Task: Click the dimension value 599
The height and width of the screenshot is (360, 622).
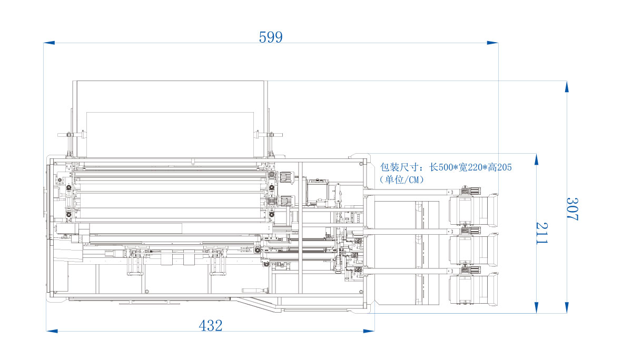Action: click(x=271, y=37)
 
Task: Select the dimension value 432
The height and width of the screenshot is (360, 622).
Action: click(x=211, y=326)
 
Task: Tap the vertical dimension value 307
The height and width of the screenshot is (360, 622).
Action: click(x=572, y=209)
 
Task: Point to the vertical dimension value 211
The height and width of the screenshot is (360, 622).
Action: click(x=542, y=233)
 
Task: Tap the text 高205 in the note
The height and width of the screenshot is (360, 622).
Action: click(x=500, y=167)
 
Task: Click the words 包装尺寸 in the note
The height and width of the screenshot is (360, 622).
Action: click(x=399, y=167)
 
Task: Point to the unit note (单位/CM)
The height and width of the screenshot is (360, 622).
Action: click(x=401, y=179)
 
